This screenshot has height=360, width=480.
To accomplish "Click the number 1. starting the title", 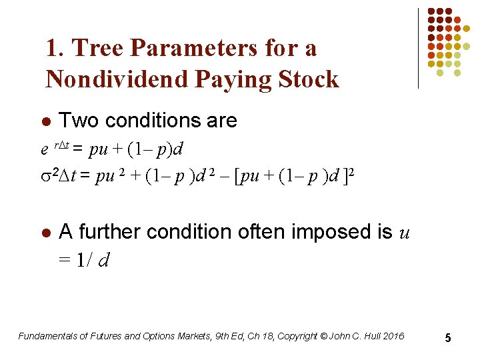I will click(x=55, y=48).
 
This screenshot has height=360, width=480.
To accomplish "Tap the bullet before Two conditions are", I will click(x=45, y=122).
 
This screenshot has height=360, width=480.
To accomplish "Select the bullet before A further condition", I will click(x=45, y=233).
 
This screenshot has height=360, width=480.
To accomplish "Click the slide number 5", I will click(x=448, y=338).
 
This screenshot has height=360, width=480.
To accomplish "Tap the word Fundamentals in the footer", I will click(x=46, y=336).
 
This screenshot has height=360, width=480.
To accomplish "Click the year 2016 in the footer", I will click(x=393, y=336).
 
